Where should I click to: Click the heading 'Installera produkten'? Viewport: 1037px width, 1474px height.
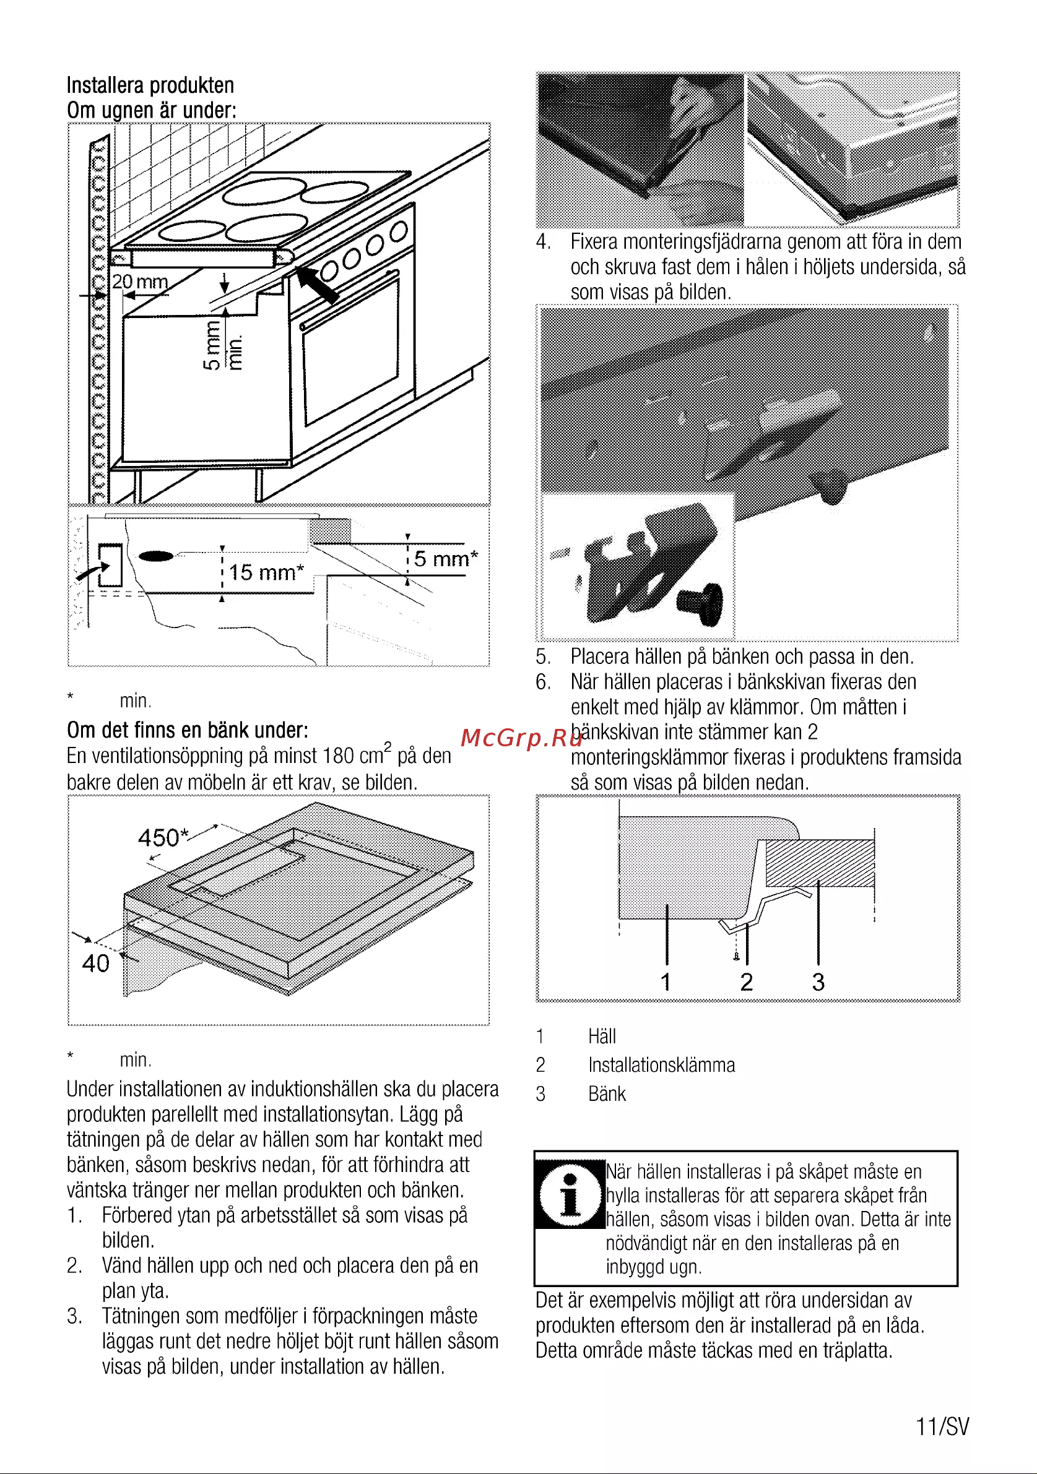tap(150, 85)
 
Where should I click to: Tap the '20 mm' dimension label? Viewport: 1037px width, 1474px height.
tap(140, 282)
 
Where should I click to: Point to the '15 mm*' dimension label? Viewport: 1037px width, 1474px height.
tap(266, 572)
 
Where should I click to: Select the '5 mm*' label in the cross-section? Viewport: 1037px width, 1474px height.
tap(446, 559)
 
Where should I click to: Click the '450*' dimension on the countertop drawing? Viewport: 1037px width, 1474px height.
tap(163, 837)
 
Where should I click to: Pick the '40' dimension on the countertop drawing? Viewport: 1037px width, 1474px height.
tap(96, 963)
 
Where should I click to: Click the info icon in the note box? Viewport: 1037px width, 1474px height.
tap(570, 1194)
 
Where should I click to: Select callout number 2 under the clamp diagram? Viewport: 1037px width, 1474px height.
tap(746, 981)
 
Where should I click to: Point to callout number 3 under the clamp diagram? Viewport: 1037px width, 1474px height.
tap(818, 981)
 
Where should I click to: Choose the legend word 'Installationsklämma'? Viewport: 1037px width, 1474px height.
tap(661, 1065)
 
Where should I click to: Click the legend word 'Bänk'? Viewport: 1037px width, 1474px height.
tap(607, 1094)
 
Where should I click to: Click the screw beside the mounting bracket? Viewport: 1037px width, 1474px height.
tap(701, 603)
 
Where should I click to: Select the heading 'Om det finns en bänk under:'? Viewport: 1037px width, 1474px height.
tap(188, 731)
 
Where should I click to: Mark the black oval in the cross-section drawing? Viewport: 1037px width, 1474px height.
tap(156, 556)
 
